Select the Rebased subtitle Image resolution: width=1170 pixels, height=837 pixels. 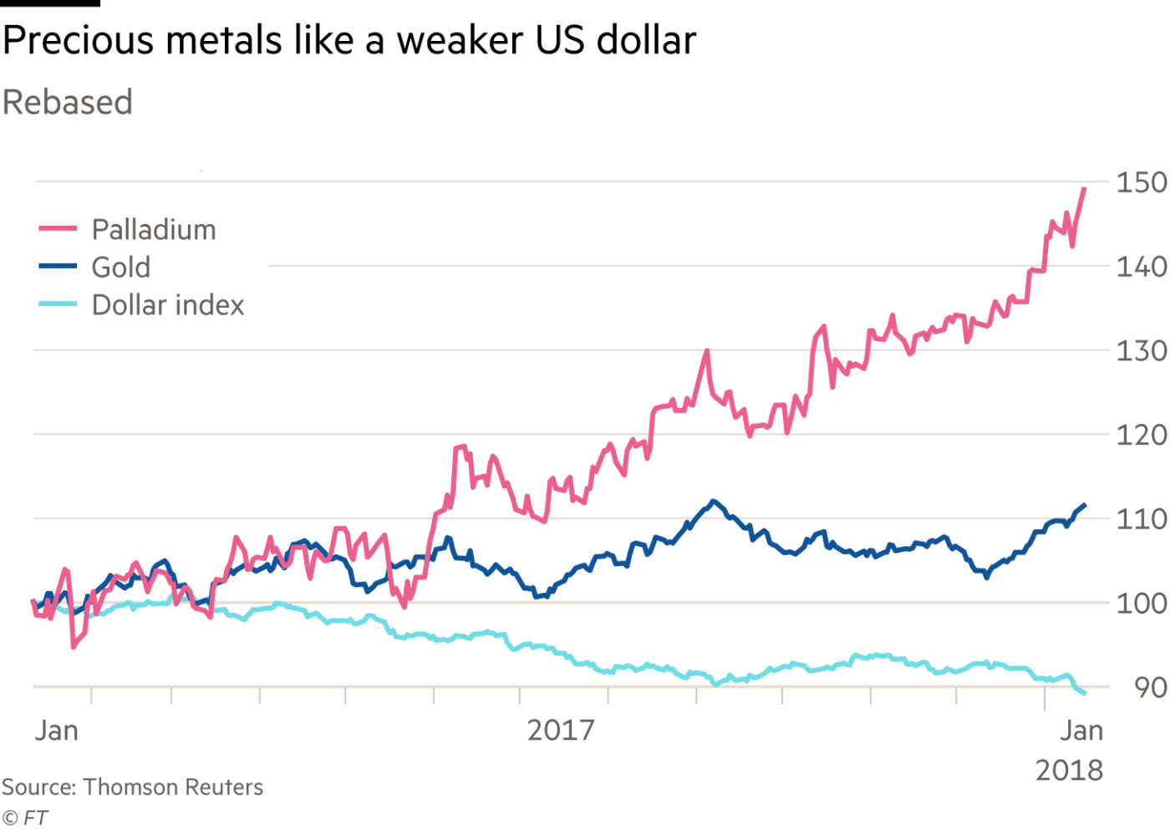[67, 102]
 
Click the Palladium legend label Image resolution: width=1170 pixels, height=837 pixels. [154, 229]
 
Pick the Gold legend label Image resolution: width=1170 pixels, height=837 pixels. [121, 267]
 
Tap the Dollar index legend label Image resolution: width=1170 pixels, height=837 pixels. [169, 305]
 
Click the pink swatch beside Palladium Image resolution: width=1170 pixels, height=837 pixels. [58, 228]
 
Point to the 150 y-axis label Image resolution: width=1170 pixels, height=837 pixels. [1142, 182]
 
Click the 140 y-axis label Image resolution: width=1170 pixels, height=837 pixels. [1142, 267]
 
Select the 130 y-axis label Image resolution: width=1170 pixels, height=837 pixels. [1142, 351]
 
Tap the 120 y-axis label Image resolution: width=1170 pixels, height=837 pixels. [1142, 435]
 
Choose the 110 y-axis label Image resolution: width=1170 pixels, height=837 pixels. [1142, 520]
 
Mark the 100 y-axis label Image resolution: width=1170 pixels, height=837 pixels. [1142, 603]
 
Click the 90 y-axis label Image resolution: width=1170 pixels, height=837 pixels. [1150, 687]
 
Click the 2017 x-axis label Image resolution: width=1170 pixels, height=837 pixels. [561, 730]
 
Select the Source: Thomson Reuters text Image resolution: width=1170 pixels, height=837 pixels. [133, 787]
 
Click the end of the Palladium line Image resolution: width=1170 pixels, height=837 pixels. [1085, 188]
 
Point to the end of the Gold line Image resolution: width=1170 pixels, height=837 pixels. [1085, 504]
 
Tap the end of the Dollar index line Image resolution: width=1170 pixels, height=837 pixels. [1085, 693]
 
